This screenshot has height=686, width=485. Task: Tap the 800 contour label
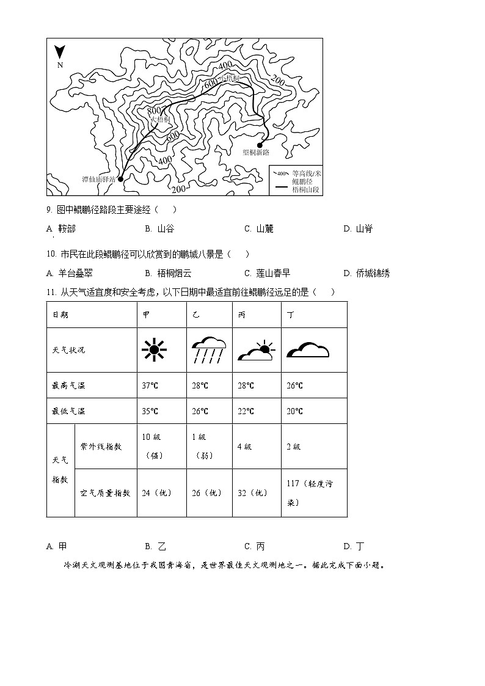point(154,111)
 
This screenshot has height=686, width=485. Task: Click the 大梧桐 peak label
point(159,120)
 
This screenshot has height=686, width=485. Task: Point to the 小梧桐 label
point(230,79)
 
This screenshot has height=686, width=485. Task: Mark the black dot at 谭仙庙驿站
point(120,179)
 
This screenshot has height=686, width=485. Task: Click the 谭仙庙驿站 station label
point(99,180)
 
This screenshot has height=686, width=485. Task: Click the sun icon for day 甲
point(154,350)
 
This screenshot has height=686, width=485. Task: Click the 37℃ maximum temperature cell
point(150,385)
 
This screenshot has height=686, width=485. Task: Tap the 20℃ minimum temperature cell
point(294,411)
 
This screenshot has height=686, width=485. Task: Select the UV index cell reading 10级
point(151,437)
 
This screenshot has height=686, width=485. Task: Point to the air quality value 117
point(293,483)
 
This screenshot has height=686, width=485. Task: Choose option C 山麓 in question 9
point(259,229)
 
